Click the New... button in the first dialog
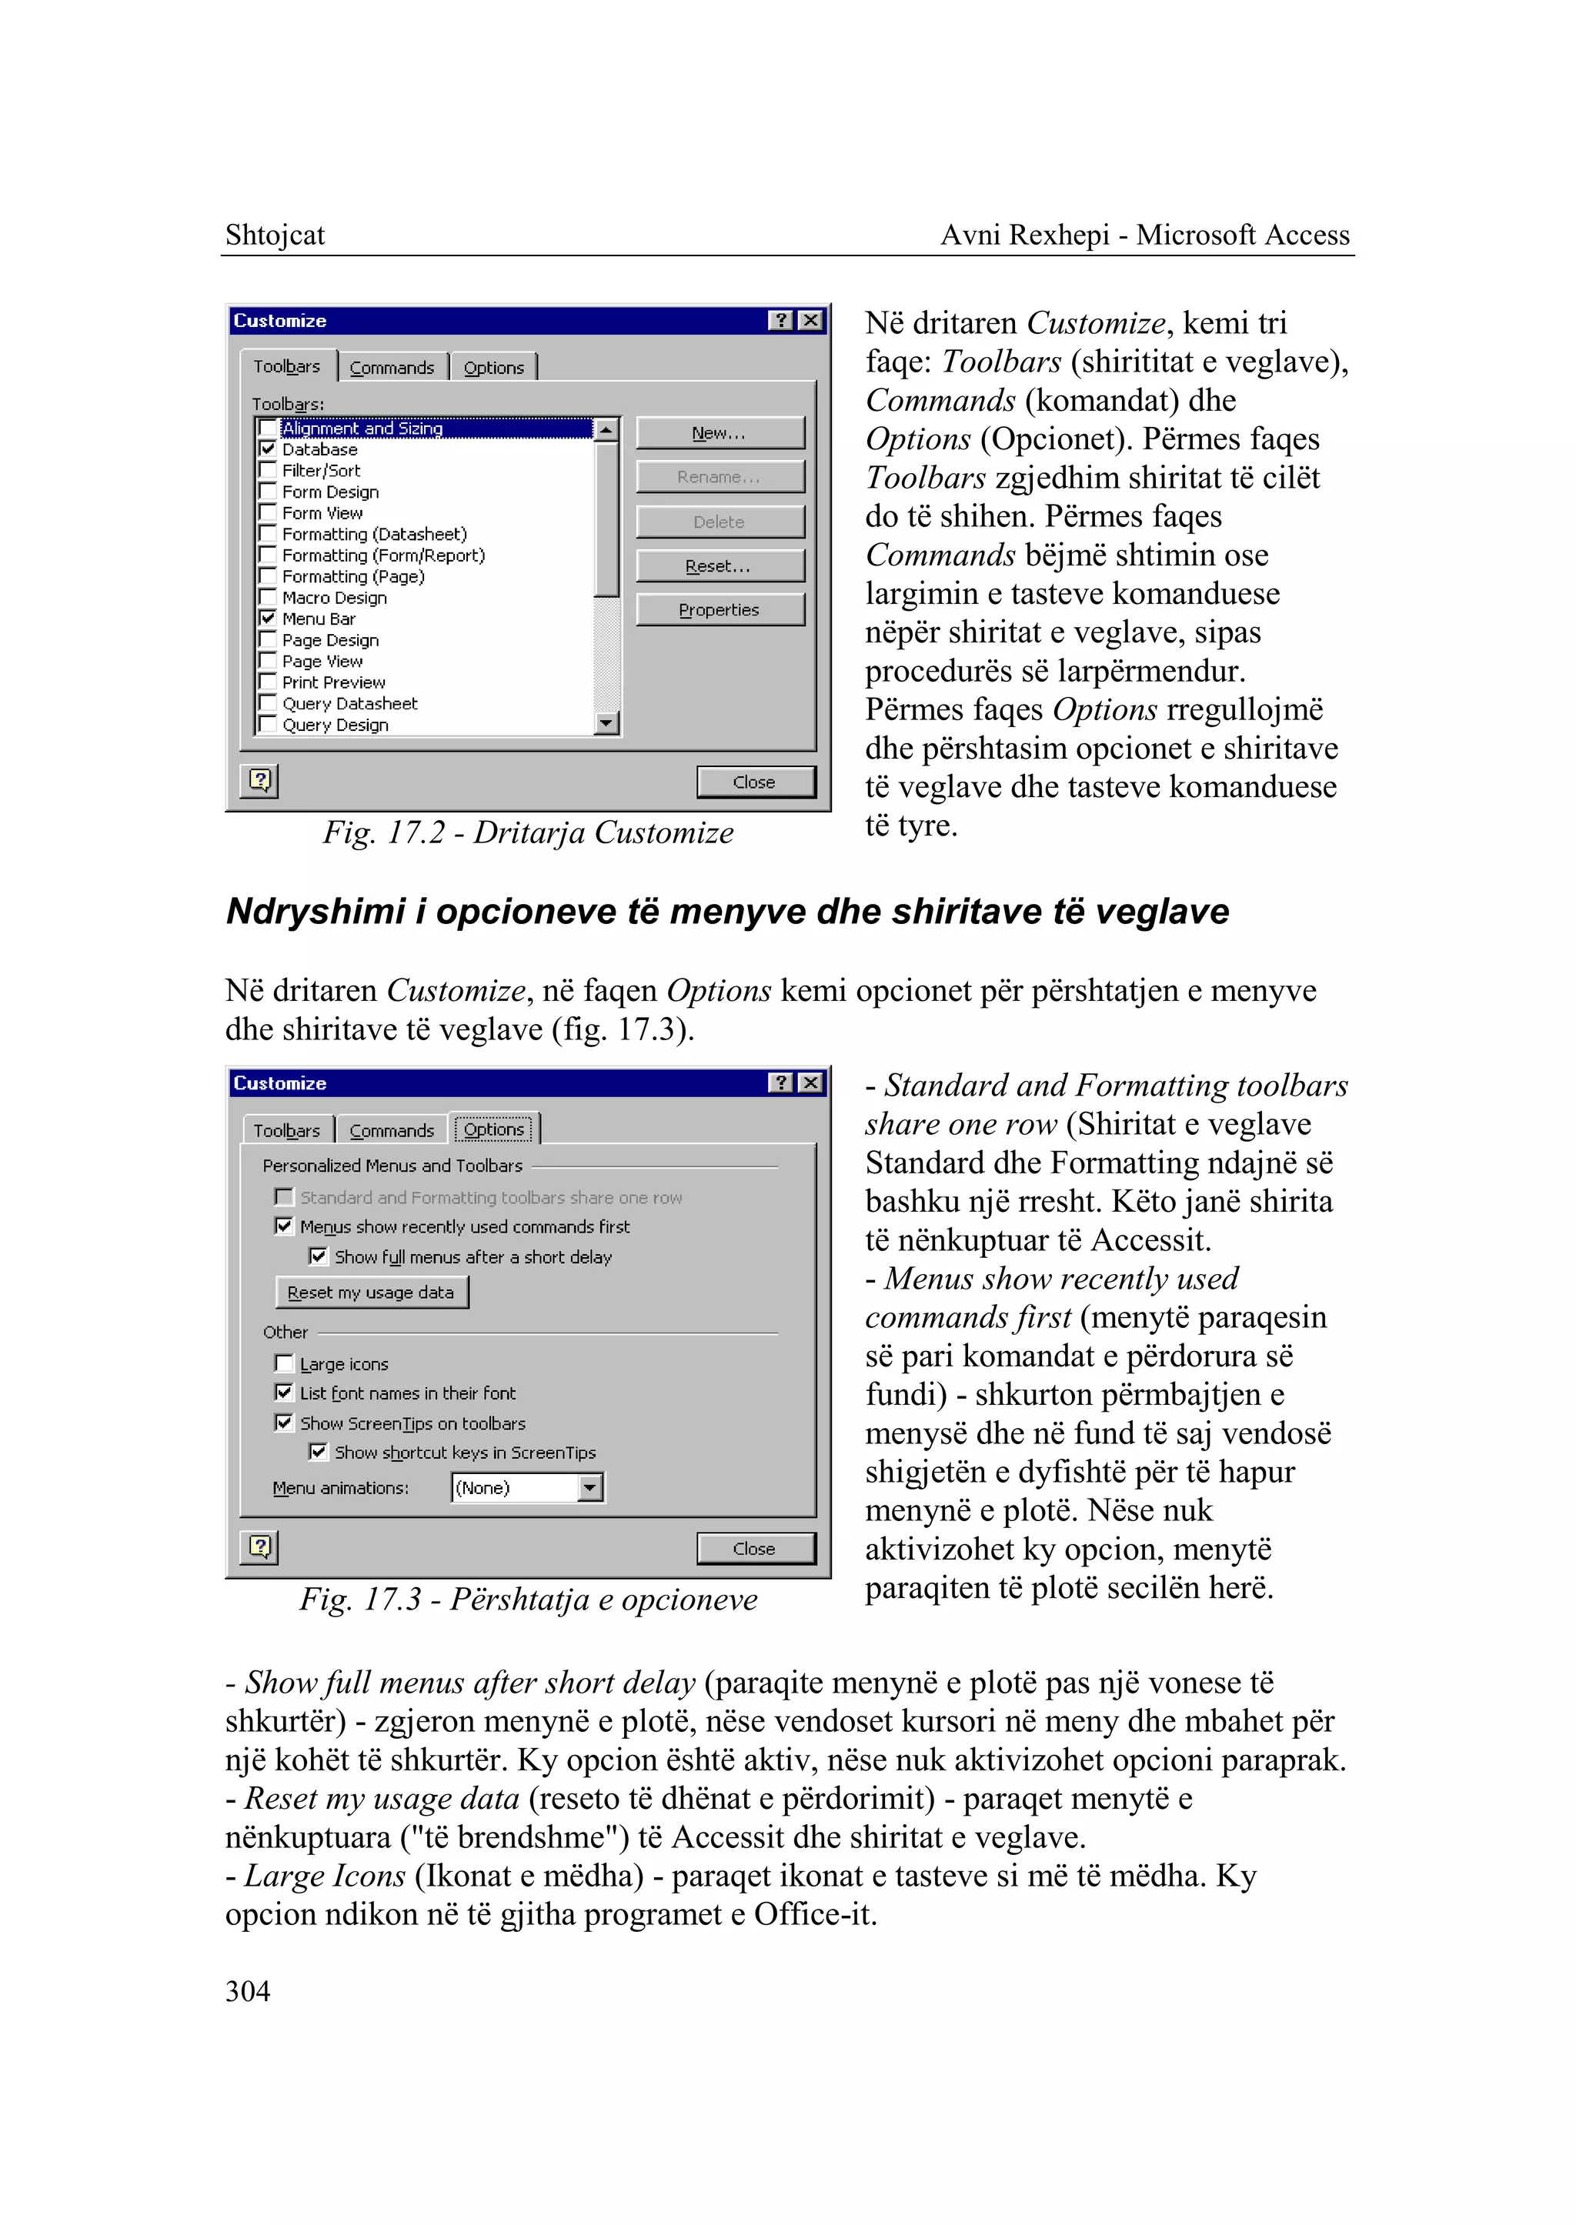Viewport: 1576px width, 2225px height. pyautogui.click(x=719, y=433)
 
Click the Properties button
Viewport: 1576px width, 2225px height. pyautogui.click(x=719, y=610)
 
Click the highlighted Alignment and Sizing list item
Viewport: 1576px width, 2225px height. pyautogui.click(x=362, y=428)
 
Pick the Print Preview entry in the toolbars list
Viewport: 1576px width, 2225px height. pyautogui.click(x=334, y=682)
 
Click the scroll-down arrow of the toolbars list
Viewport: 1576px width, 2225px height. pyautogui.click(x=606, y=723)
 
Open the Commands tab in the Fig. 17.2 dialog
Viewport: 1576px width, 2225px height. pyautogui.click(x=392, y=368)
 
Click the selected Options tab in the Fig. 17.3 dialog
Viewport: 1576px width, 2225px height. pyautogui.click(x=494, y=1129)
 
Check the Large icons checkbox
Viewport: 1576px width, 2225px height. pyautogui.click(x=284, y=1363)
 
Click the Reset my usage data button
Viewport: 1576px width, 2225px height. pyautogui.click(x=371, y=1293)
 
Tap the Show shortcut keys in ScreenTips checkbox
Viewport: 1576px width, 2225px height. pyautogui.click(x=319, y=1452)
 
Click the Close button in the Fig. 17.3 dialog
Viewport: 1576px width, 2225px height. pyautogui.click(x=755, y=1549)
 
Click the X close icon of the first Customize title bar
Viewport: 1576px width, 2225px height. pyautogui.click(x=811, y=320)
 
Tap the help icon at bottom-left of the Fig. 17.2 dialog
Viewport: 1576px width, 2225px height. pyautogui.click(x=260, y=780)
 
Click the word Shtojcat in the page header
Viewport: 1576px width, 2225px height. pyautogui.click(x=275, y=235)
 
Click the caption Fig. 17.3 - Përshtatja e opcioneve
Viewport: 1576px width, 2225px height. pyautogui.click(x=528, y=1600)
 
